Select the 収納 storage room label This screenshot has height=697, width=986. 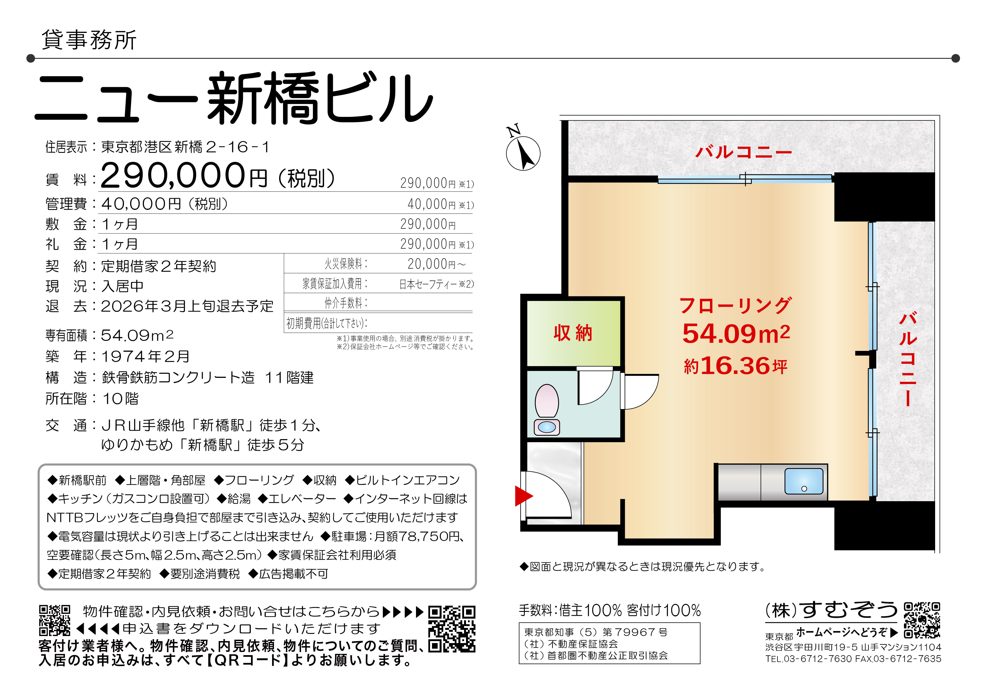click(x=573, y=333)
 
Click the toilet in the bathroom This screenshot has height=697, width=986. click(x=547, y=410)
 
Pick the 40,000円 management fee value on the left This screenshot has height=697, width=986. click(x=141, y=204)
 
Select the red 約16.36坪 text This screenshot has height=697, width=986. click(x=736, y=366)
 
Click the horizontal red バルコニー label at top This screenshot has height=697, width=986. click(x=743, y=152)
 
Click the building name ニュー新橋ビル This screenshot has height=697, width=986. click(x=234, y=98)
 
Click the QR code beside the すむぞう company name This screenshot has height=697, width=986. click(x=922, y=621)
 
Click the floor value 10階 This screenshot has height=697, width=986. click(x=120, y=399)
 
